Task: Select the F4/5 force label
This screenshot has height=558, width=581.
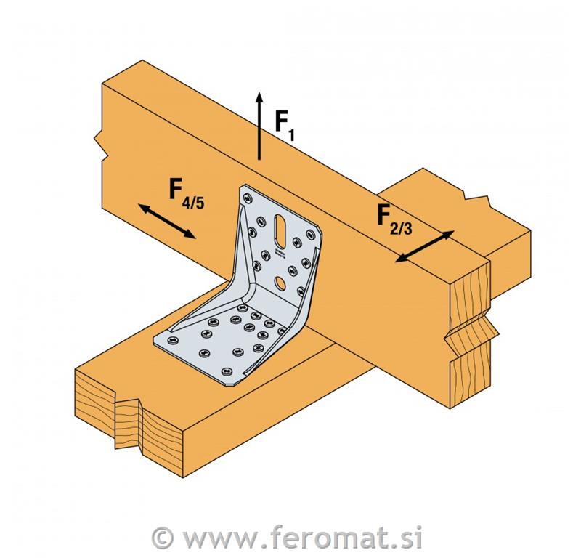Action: (187, 193)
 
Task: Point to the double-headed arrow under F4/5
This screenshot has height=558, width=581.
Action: (167, 221)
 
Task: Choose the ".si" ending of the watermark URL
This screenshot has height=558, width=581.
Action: (404, 538)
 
